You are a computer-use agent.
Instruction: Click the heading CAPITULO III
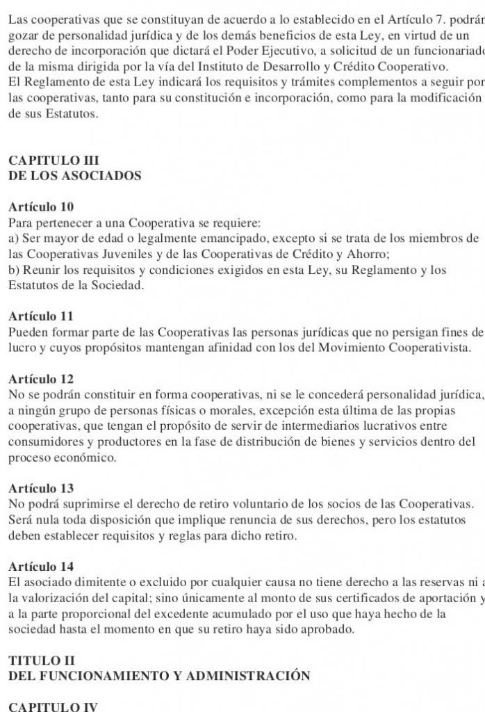54,161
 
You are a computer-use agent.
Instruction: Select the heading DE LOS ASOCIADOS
75,176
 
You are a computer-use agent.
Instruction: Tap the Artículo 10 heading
41,207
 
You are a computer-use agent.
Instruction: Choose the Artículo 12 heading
41,379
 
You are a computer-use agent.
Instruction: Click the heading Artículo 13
41,488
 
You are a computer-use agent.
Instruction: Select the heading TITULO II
41,660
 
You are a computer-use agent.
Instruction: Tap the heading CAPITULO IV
54,706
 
